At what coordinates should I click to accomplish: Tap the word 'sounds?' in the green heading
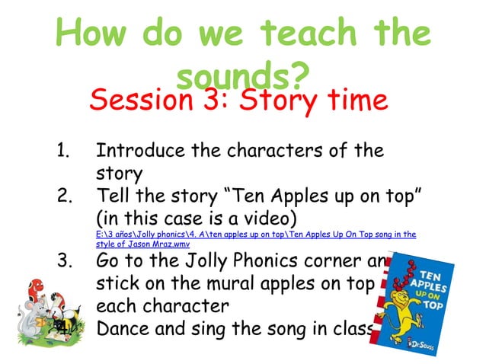(242, 76)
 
